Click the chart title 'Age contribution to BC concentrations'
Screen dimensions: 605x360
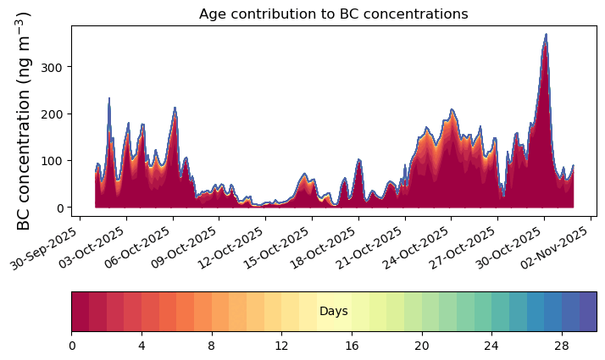pos(333,14)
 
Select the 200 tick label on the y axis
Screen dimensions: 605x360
pos(52,114)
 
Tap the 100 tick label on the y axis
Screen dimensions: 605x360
pos(52,161)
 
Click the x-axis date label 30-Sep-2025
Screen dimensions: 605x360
pos(43,247)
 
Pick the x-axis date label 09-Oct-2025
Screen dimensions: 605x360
pos(183,247)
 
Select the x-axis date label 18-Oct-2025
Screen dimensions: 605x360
pos(322,247)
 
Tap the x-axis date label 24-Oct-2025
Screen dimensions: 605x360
pos(415,247)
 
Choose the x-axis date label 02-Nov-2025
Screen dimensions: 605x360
pos(554,247)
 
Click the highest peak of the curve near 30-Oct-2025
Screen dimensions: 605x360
pos(546,35)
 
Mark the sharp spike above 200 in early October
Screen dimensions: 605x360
pos(109,98)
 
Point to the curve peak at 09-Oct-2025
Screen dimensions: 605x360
pos(175,108)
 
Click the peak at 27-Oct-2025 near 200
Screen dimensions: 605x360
pos(452,110)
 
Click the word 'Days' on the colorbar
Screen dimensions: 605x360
pos(334,311)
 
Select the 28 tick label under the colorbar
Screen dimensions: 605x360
pos(562,346)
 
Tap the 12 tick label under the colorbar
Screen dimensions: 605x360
pos(281,346)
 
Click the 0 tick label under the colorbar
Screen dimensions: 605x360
pos(72,346)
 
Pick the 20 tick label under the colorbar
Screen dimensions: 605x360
pos(422,346)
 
